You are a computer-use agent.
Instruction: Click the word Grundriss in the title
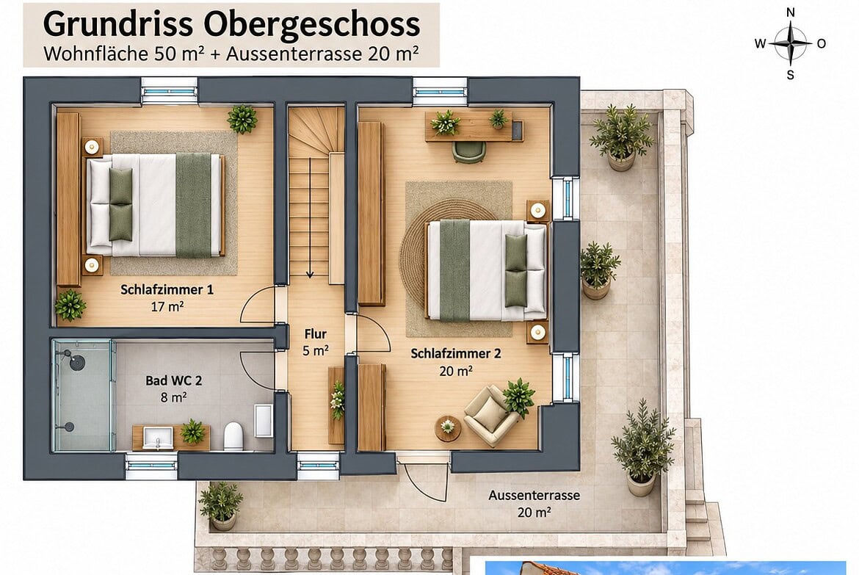point(117,25)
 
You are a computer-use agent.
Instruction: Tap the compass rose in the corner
point(790,43)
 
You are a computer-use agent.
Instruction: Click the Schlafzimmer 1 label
point(167,289)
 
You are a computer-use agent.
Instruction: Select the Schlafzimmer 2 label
point(456,353)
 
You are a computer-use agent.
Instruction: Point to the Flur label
point(316,334)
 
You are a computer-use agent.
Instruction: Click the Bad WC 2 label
point(174,380)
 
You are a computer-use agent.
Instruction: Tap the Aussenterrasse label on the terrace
point(534,496)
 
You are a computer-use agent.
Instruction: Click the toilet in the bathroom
point(233,435)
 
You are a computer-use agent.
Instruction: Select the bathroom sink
point(158,438)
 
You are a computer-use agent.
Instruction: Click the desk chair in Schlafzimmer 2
point(469,152)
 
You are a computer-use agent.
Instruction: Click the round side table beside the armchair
point(448,428)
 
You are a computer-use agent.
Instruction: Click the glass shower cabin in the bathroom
point(83,395)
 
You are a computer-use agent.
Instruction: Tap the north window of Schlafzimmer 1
point(169,90)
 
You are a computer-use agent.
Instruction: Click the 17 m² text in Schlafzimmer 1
point(167,306)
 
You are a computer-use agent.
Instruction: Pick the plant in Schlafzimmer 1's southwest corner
point(70,305)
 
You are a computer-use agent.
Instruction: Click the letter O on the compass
point(822,44)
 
